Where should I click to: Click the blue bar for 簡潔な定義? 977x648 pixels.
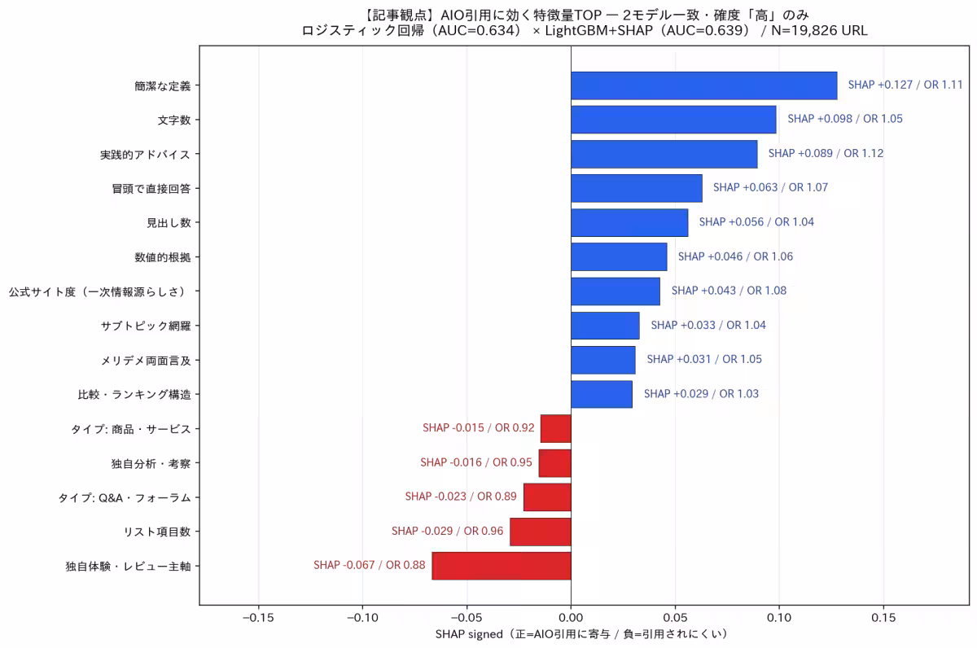[x=704, y=85]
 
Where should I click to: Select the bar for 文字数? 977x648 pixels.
[x=673, y=120]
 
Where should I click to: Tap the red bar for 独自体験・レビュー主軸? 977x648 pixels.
[x=502, y=566]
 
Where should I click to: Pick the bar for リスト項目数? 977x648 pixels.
[x=541, y=532]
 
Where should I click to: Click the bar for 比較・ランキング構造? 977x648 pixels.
[x=602, y=394]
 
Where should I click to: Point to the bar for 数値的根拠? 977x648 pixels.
[x=619, y=257]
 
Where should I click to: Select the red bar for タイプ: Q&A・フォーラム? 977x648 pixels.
[x=547, y=497]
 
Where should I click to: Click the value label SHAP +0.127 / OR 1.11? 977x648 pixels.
[x=905, y=85]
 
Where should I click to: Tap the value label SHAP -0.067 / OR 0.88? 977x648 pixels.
[x=370, y=565]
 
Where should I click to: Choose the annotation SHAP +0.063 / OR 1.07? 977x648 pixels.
[x=770, y=187]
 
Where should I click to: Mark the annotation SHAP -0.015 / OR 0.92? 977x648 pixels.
[x=479, y=427]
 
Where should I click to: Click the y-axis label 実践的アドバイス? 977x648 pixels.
[x=145, y=155]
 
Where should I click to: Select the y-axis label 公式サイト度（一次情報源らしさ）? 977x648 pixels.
[x=99, y=291]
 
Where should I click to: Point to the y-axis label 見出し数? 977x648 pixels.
[x=169, y=223]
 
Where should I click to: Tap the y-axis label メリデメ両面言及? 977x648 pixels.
[x=146, y=361]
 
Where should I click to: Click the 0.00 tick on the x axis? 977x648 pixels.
[x=571, y=618]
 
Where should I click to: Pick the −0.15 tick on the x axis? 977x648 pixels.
[x=258, y=618]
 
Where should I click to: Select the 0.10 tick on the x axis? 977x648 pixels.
[x=779, y=618]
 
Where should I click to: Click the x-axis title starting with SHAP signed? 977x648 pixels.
[x=581, y=634]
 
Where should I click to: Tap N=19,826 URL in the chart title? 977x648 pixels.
[x=819, y=30]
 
